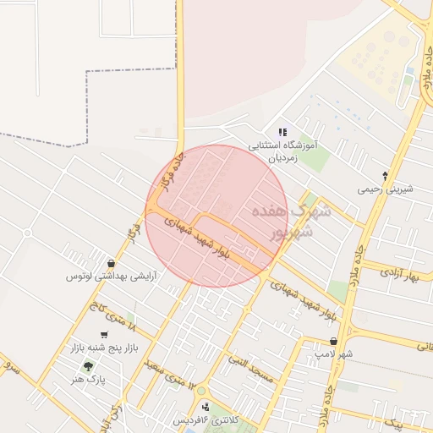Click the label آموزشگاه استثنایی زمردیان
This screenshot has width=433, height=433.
282,151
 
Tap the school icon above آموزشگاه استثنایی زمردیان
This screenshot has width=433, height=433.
282,132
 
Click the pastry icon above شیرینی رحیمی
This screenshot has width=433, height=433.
386,176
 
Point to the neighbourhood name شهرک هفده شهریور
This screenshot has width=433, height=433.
282,221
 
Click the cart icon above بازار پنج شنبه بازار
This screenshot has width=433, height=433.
104,334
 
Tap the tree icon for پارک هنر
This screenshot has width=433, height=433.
89,366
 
